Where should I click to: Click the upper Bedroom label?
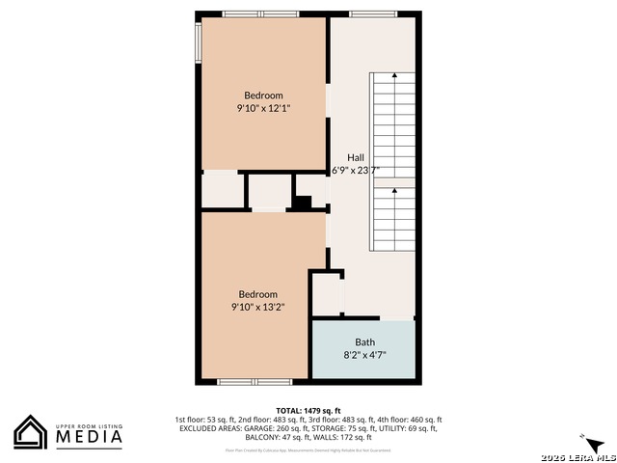coord(263,95)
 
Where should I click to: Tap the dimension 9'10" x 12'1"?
coord(263,109)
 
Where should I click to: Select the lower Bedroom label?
coord(258,294)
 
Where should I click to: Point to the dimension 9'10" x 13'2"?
coord(257,308)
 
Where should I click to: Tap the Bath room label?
coord(365,341)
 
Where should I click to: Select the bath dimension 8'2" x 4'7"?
coord(365,355)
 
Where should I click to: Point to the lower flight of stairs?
coord(392,218)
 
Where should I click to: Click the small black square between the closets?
coord(303,203)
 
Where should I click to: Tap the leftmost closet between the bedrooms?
coord(222,189)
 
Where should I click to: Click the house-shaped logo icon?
coord(31,432)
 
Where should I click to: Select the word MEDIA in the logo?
coord(88,438)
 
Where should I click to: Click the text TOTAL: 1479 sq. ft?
coord(308,410)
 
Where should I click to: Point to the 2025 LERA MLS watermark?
coord(577,455)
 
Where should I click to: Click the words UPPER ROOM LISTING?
coord(88,423)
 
